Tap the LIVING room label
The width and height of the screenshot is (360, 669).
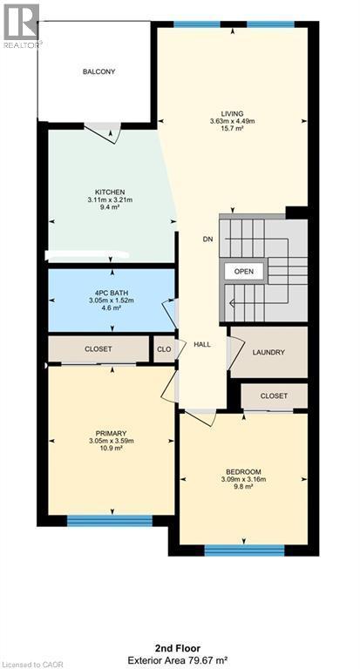tap(231, 113)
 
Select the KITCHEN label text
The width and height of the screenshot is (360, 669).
tap(111, 192)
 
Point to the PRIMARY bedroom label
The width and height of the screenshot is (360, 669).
tap(111, 433)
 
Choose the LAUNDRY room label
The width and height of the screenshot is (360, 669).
tap(268, 352)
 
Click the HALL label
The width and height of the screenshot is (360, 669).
tap(202, 344)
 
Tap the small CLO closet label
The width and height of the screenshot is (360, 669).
tap(163, 349)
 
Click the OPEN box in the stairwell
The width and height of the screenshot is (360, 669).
tap(244, 272)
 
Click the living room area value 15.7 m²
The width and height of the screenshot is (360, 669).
tap(231, 129)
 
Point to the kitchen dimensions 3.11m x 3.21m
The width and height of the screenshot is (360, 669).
tap(111, 200)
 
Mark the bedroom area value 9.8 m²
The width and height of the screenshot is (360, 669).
tap(242, 487)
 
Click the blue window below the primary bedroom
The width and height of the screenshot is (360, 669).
tap(111, 521)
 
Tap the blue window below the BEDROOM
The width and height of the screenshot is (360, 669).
tap(244, 550)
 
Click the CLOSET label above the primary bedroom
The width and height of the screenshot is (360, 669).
tap(98, 348)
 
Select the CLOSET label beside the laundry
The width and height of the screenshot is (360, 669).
tap(274, 395)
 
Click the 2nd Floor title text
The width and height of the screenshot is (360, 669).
tap(179, 648)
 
